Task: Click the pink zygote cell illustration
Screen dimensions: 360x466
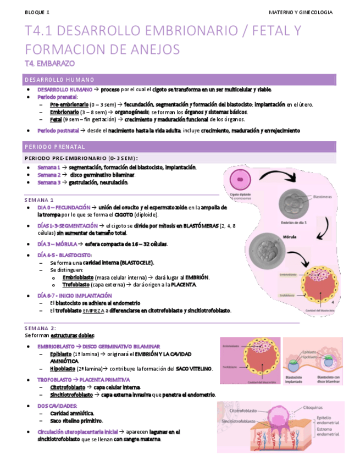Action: coord(239,180)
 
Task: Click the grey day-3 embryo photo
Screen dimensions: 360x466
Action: coord(294,203)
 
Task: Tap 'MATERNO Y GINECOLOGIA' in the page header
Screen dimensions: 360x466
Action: coord(301,12)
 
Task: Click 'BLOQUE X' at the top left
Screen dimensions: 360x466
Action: coord(37,12)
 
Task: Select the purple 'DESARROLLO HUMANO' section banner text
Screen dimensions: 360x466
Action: coord(59,80)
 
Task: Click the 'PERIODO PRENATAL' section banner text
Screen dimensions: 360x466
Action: coord(55,147)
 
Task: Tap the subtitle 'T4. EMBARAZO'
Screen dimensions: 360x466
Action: coord(50,63)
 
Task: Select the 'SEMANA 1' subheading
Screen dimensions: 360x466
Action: coord(39,199)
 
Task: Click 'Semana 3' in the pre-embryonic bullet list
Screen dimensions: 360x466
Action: coord(48,182)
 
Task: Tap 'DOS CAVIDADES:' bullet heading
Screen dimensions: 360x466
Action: coord(57,406)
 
